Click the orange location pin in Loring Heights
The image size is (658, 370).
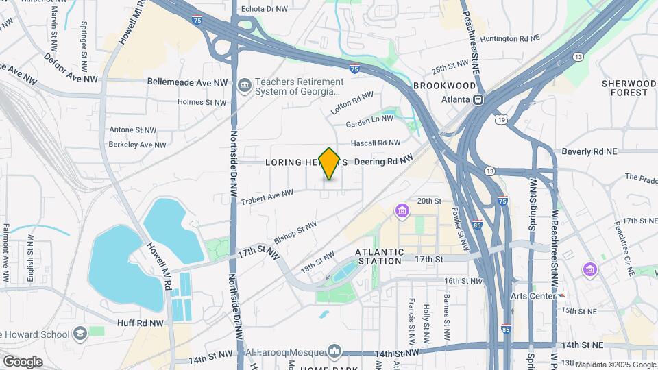pos(330,163)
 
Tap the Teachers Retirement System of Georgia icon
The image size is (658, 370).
pos(245,86)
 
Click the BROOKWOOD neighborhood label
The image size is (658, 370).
pos(444,86)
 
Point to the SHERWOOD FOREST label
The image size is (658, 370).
pos(624,88)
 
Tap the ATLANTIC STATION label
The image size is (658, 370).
pos(379,256)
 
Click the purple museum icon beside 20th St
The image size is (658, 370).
pos(402,212)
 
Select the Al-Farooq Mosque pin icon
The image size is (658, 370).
pos(334,351)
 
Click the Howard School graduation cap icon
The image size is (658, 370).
pos(80,334)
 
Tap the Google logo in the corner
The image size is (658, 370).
pos(23,361)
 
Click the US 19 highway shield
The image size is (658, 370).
pos(502,121)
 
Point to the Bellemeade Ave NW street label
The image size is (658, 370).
pos(187,81)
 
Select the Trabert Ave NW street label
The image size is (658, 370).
pos(267,197)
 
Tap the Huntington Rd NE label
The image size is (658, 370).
pos(517,39)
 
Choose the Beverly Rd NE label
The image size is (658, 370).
pos(589,151)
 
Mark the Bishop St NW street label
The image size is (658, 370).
pos(295,233)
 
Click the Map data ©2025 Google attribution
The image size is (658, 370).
pos(616,365)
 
